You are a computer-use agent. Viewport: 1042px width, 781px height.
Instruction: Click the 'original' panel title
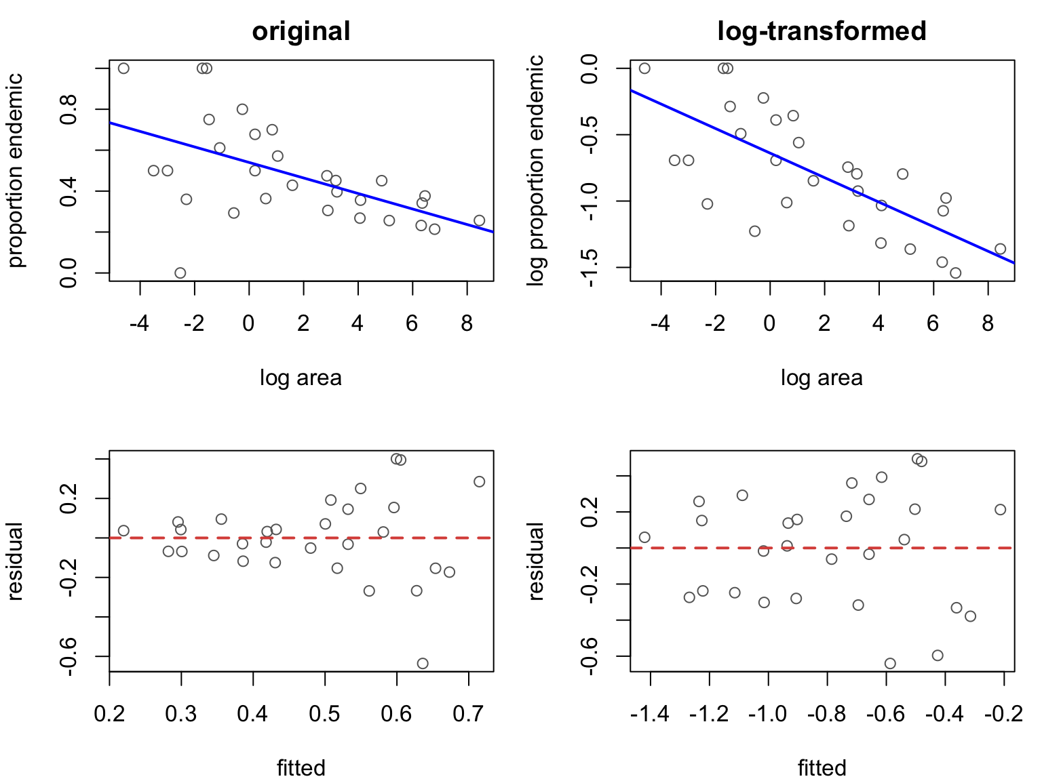coord(301,31)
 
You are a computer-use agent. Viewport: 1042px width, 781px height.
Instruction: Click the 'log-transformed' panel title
coord(822,31)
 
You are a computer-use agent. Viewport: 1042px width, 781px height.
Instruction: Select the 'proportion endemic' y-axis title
coord(16,171)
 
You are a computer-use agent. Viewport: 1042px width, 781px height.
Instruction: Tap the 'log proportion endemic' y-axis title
coord(535,171)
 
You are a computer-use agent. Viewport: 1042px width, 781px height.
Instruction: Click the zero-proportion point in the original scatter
coord(180,273)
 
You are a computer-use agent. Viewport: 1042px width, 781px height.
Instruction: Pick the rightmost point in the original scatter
coord(479,220)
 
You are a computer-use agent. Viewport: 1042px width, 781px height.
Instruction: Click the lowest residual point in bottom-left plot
coord(423,664)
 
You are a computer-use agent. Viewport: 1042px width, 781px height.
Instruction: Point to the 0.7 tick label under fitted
coord(468,714)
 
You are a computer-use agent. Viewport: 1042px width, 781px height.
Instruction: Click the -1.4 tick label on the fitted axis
coord(649,714)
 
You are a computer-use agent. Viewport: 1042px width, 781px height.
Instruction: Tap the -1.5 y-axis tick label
coord(590,267)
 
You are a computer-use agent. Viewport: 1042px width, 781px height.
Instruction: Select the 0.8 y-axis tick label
coord(69,110)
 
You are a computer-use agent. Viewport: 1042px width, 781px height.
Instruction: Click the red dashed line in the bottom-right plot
coord(822,548)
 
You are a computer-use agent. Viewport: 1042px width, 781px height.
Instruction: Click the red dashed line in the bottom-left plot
coord(301,538)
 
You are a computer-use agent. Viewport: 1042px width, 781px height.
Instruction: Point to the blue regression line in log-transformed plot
coord(822,176)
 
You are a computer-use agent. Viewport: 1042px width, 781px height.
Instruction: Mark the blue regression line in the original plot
coord(301,178)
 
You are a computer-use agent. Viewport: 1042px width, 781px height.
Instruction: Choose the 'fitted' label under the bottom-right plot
coord(822,768)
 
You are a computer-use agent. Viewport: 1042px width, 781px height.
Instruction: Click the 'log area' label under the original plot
coord(301,378)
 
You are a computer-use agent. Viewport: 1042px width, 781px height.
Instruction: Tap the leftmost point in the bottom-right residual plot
coord(644,537)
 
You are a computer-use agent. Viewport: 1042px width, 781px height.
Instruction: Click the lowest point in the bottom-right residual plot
coord(890,664)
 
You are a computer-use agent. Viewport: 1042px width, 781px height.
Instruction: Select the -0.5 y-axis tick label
coord(590,135)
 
